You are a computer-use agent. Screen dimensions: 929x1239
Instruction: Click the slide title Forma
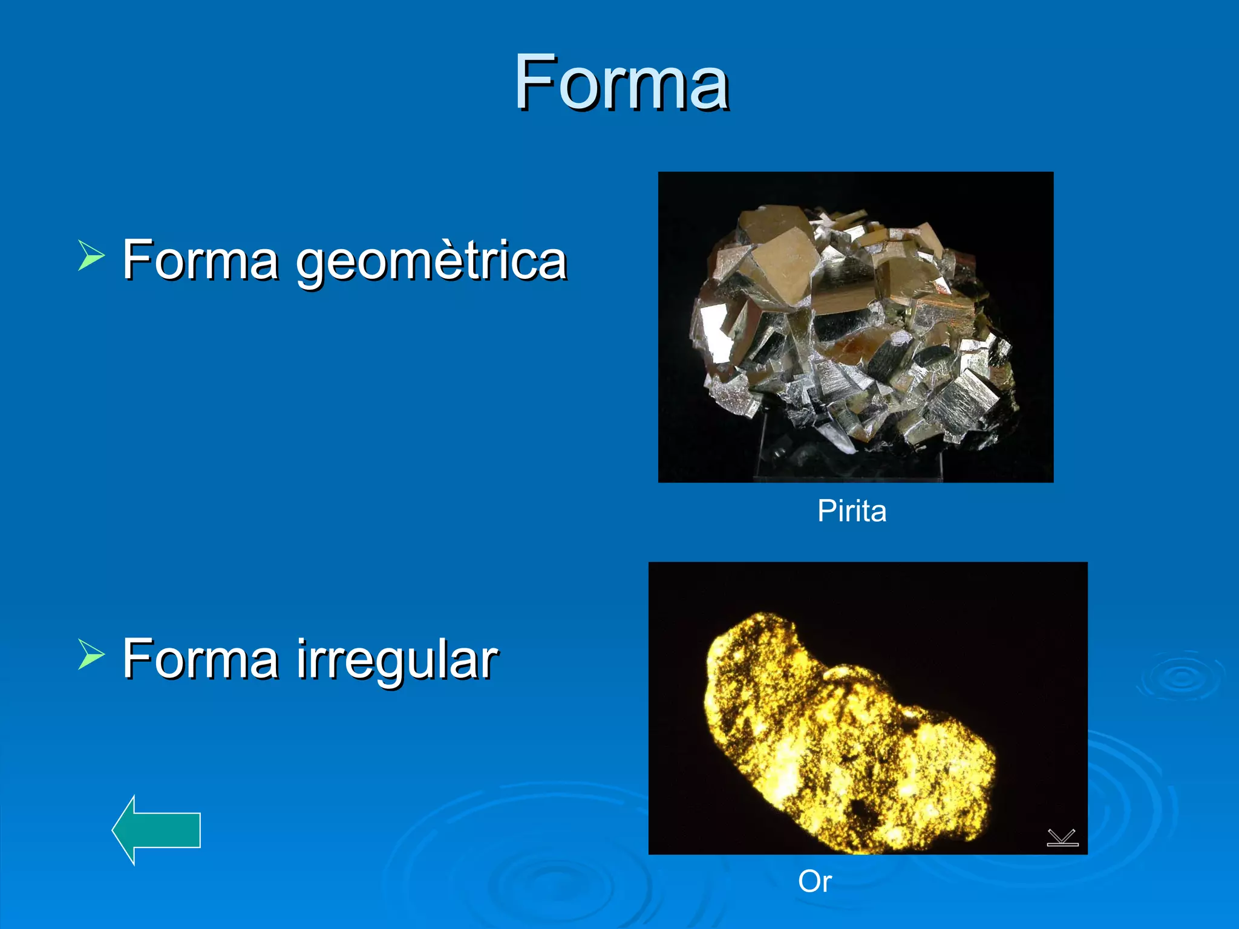pyautogui.click(x=621, y=82)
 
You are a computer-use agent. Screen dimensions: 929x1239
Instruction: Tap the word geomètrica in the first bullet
pyautogui.click(x=431, y=260)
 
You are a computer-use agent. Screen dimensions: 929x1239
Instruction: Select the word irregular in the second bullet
pyautogui.click(x=397, y=659)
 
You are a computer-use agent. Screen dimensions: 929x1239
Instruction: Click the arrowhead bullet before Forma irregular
pyautogui.click(x=91, y=654)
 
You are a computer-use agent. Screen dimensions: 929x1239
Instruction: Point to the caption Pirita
pyautogui.click(x=852, y=511)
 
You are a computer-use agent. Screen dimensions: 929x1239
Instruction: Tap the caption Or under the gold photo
pyautogui.click(x=814, y=881)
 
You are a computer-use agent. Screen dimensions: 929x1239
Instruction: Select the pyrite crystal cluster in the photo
pyautogui.click(x=853, y=327)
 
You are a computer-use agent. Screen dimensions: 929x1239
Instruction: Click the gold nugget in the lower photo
pyautogui.click(x=847, y=720)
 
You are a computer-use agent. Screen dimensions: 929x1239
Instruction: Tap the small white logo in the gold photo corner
pyautogui.click(x=1062, y=838)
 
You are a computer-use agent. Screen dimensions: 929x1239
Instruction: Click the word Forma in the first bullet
pyautogui.click(x=200, y=260)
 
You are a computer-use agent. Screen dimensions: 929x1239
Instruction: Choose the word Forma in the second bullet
pyautogui.click(x=200, y=659)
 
